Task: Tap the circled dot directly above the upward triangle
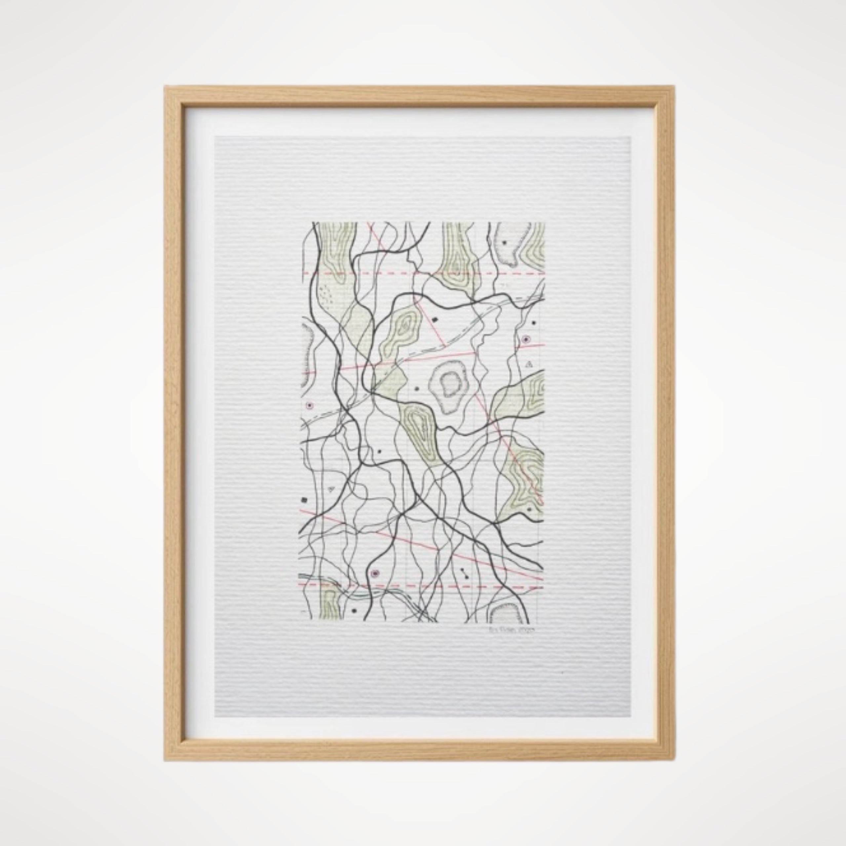pos(525,339)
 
